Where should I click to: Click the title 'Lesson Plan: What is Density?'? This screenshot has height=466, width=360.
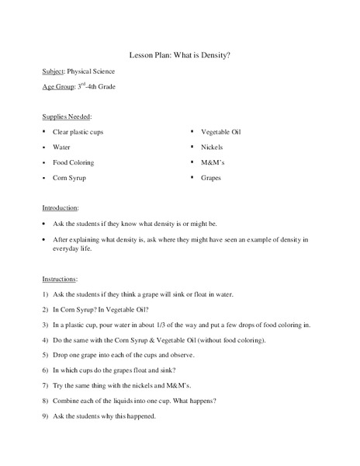(180, 55)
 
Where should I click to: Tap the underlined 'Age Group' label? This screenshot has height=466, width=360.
(58, 87)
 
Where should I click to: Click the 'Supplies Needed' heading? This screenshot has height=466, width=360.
(67, 116)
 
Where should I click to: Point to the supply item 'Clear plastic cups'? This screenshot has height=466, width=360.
(78, 132)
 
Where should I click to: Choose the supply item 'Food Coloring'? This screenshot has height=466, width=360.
(73, 162)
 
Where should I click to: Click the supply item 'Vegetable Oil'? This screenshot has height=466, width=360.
(221, 132)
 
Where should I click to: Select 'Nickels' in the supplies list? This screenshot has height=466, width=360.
(212, 147)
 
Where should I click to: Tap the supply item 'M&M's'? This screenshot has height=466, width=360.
(213, 162)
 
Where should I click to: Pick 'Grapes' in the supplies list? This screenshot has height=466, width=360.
(211, 178)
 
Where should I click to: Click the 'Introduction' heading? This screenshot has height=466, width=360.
(61, 208)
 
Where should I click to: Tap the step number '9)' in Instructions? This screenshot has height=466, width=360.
(46, 416)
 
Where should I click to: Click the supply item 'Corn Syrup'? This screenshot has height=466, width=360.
(69, 178)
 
